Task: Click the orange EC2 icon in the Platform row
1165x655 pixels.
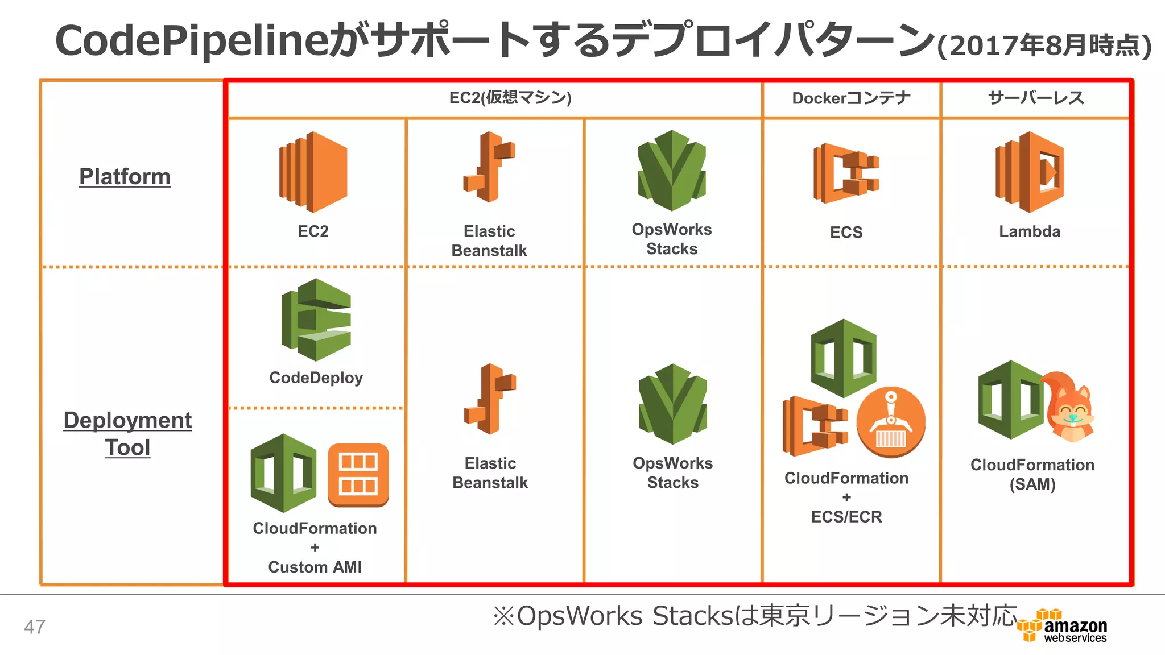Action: pos(313,172)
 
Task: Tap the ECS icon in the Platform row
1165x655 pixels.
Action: pos(846,173)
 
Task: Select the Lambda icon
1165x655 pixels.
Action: pos(1029,172)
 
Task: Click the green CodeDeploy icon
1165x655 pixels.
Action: pos(316,320)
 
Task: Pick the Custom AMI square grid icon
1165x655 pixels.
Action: pos(358,475)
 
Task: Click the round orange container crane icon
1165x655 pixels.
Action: pos(890,422)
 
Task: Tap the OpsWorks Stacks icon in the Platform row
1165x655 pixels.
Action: pos(672,171)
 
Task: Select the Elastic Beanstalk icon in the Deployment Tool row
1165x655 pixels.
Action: pos(490,399)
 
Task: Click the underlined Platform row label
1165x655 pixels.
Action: pos(125,176)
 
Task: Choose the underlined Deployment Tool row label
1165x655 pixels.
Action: pos(127,433)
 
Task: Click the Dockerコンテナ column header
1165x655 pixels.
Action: pos(851,98)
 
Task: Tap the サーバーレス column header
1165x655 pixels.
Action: pos(1036,98)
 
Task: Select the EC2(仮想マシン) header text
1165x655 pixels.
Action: pos(510,98)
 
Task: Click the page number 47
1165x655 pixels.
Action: pos(35,627)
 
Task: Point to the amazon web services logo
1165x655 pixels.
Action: pos(1063,626)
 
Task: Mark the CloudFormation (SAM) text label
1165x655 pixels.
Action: pos(1032,474)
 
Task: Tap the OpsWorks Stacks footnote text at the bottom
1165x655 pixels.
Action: pos(754,616)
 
